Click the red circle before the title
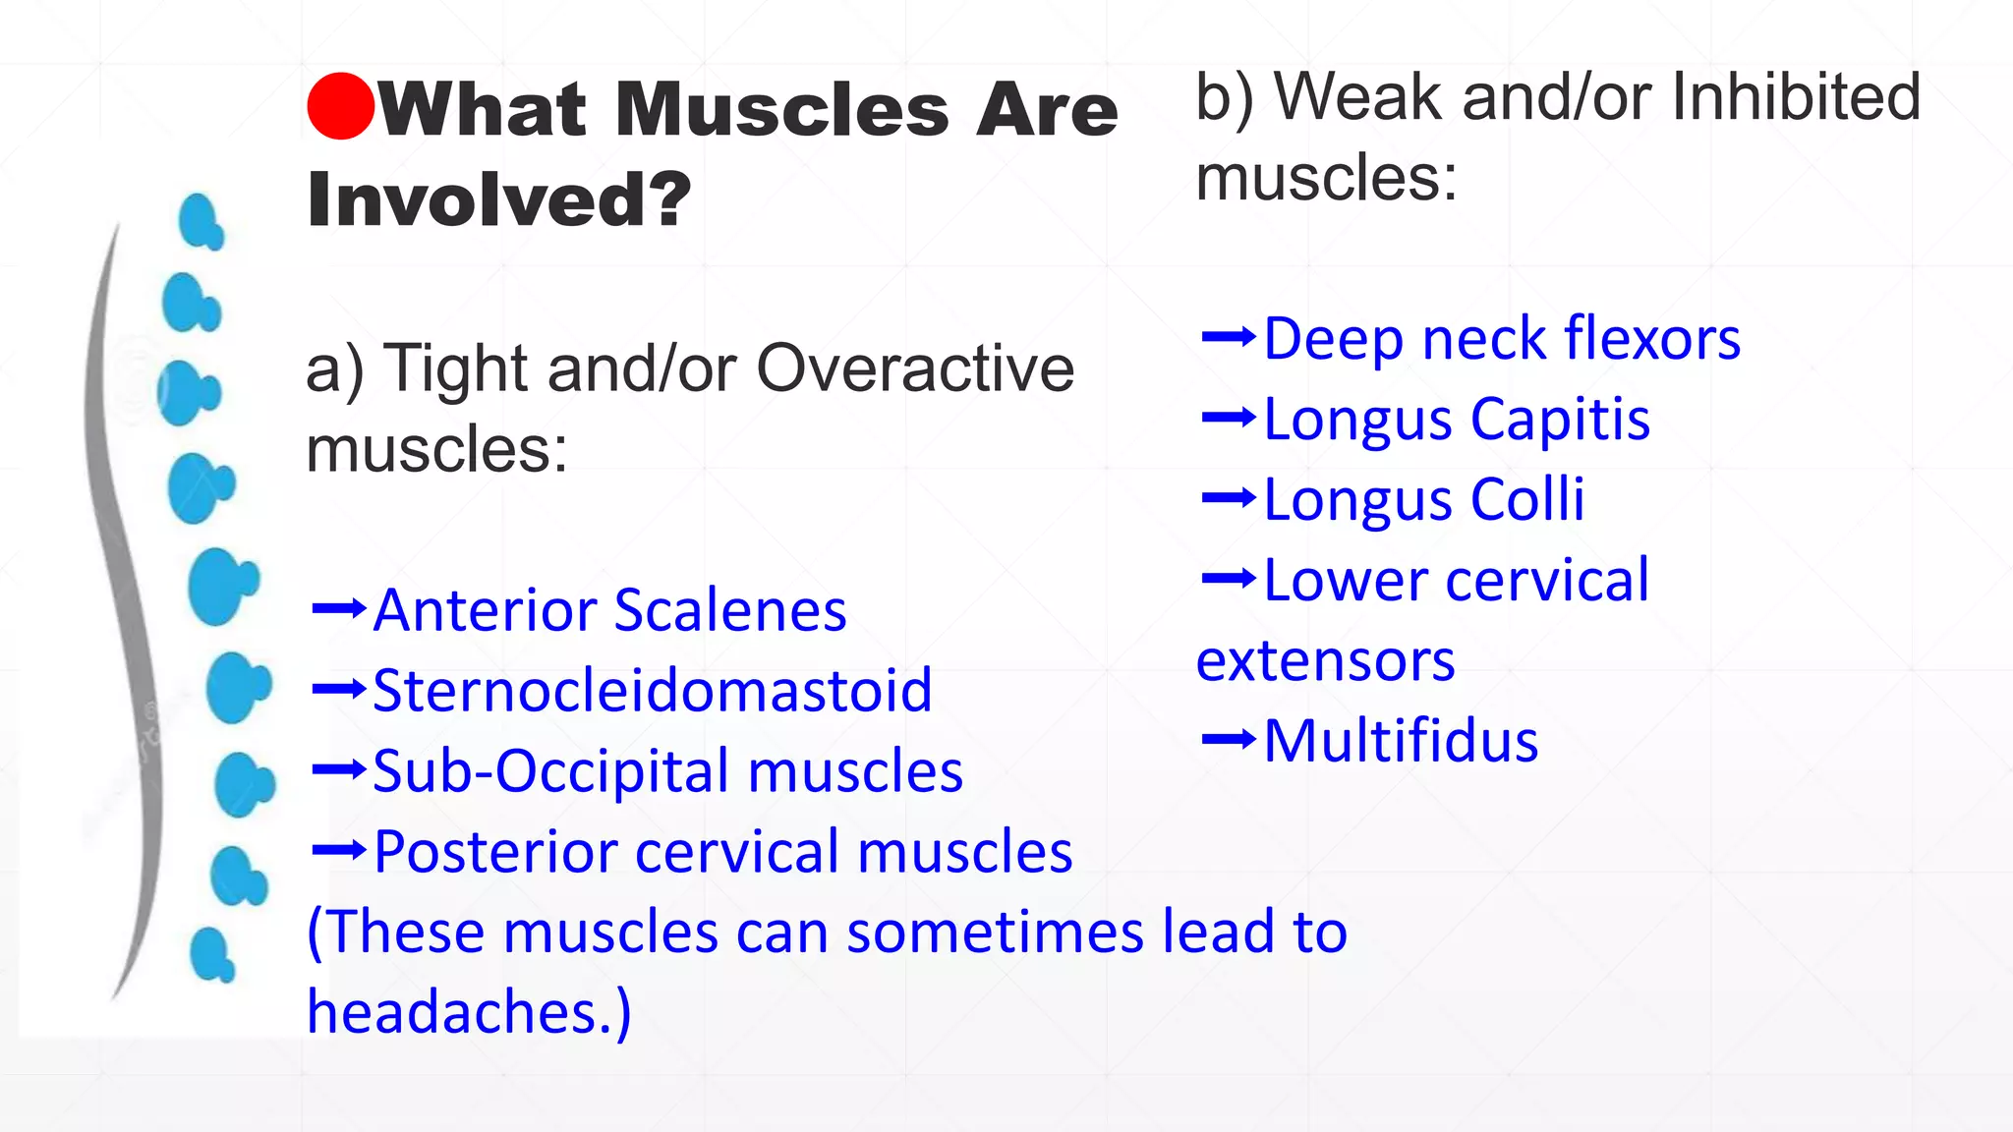pyautogui.click(x=340, y=106)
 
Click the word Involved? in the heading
pyautogui.click(x=499, y=199)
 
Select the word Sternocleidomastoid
pyautogui.click(x=652, y=690)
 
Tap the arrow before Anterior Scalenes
pyautogui.click(x=338, y=609)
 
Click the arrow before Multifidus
pyautogui.click(x=1229, y=738)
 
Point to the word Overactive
pyautogui.click(x=914, y=368)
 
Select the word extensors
pyautogui.click(x=1325, y=660)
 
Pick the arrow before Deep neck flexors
pyautogui.click(x=1229, y=337)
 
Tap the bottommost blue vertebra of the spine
pyautogui.click(x=211, y=954)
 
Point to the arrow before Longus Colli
pyautogui.click(x=1229, y=498)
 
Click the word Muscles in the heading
pyautogui.click(x=781, y=109)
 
